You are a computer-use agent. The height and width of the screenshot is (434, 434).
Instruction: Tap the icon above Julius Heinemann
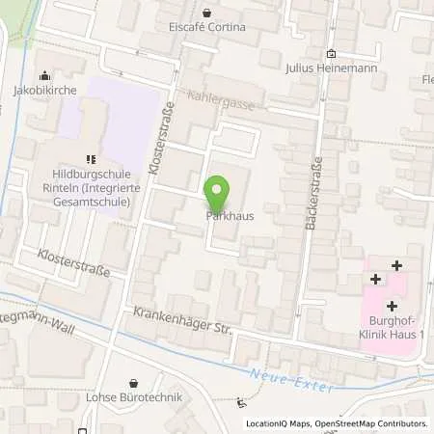[331, 54]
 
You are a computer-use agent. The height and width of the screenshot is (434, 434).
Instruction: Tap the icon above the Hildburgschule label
[91, 159]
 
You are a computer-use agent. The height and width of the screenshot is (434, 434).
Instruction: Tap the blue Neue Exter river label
[290, 380]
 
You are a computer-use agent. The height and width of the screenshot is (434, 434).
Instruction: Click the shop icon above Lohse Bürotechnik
[134, 381]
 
